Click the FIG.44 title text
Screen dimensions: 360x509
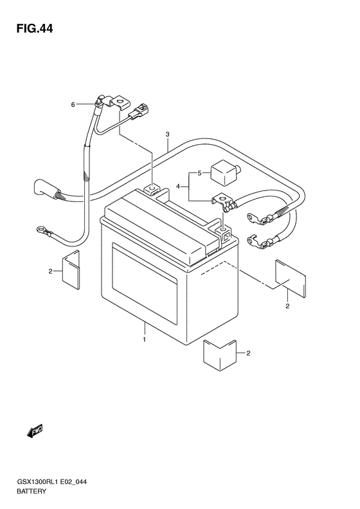click(35, 28)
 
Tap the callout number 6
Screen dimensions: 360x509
click(73, 104)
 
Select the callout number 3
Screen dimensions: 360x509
click(167, 134)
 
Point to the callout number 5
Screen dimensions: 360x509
click(199, 173)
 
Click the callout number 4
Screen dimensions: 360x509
click(177, 187)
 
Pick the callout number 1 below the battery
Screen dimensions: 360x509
click(144, 340)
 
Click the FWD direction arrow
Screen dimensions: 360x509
click(35, 431)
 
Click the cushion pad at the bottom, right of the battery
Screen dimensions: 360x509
click(220, 355)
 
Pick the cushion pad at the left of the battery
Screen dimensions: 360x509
click(71, 270)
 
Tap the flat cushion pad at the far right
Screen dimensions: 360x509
click(291, 279)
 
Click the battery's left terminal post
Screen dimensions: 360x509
click(151, 189)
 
